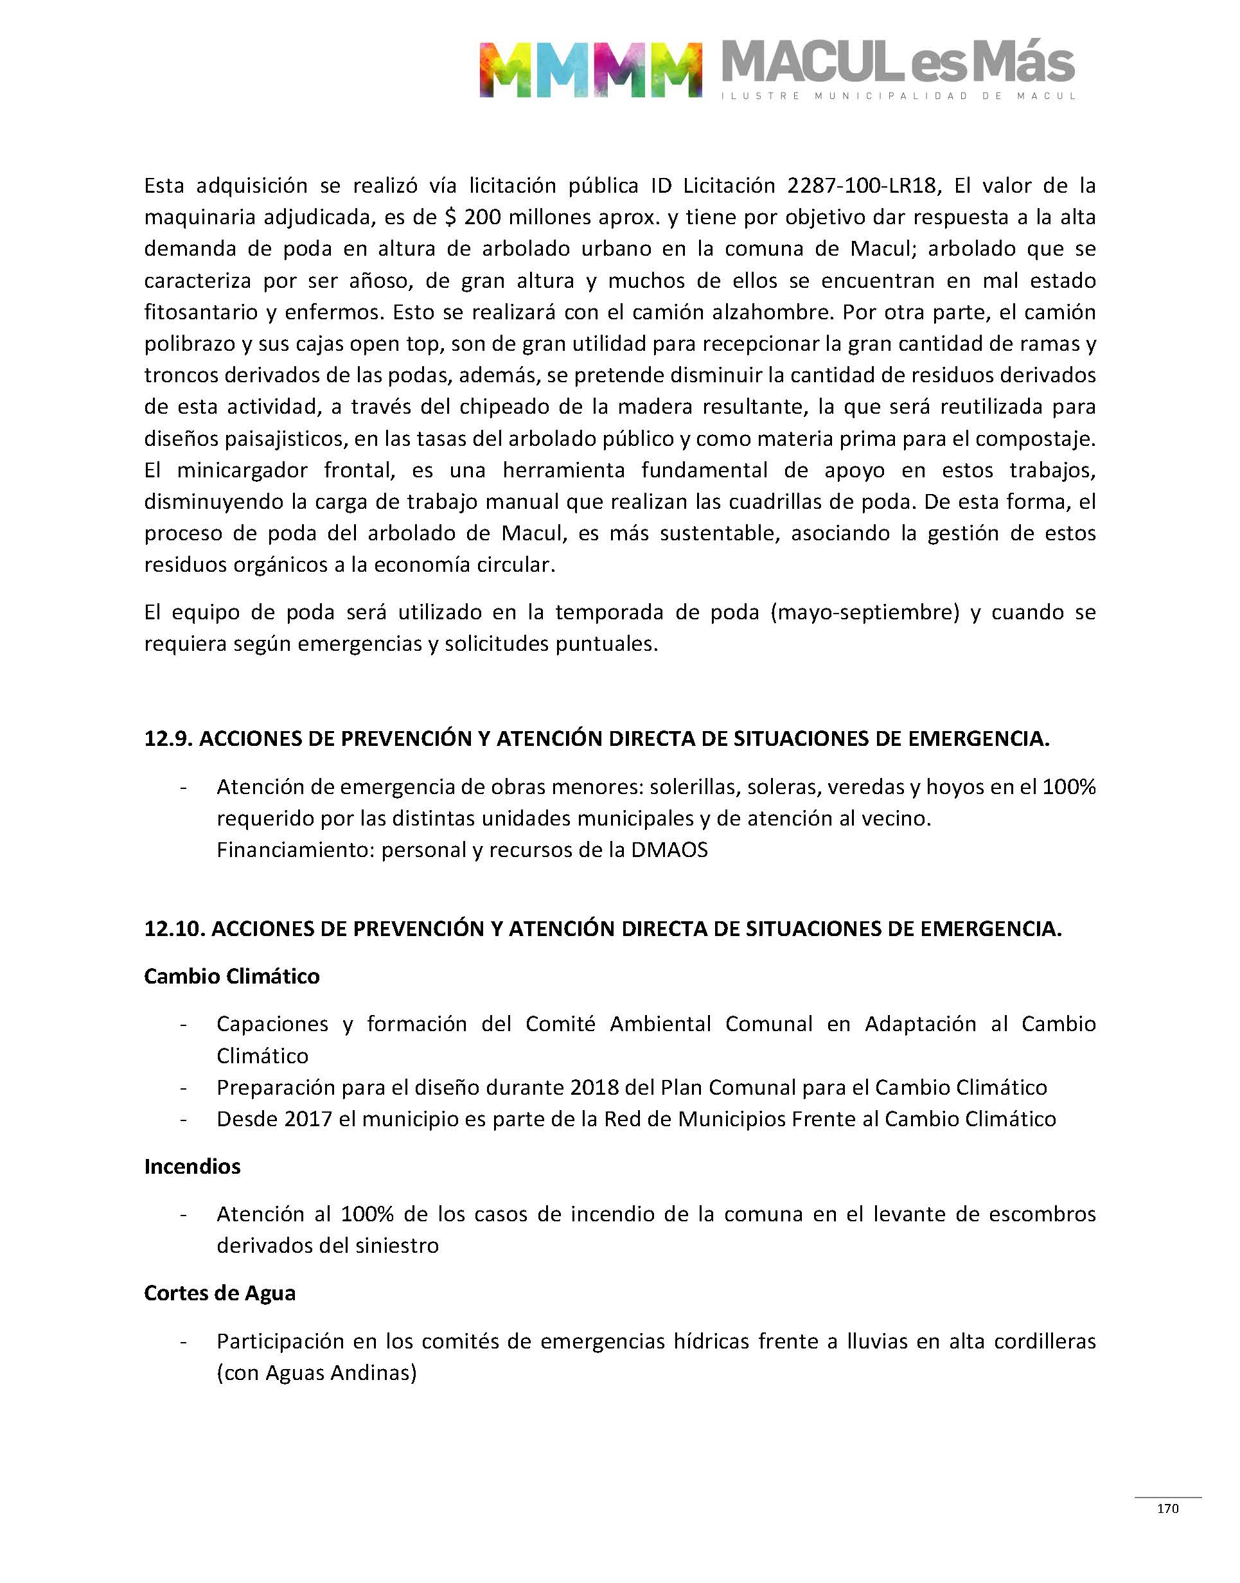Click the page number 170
[1167, 1508]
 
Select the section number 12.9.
[168, 739]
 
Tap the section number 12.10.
[174, 929]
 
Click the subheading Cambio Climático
[231, 977]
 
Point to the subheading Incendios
[192, 1167]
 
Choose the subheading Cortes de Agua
[219, 1293]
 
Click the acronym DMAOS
[669, 850]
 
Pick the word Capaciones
[272, 1024]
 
